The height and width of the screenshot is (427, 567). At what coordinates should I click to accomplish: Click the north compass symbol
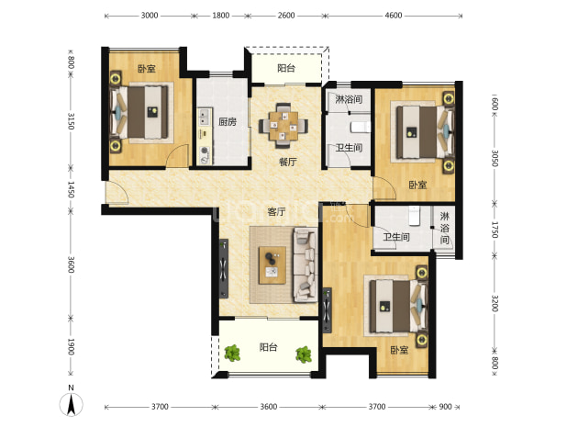(72, 401)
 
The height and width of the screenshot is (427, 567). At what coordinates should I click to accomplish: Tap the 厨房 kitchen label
(228, 122)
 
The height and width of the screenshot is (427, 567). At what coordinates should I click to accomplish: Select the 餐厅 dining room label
(287, 162)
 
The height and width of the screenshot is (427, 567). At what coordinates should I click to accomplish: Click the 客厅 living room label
(277, 212)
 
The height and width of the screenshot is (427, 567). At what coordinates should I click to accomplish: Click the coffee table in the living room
(272, 265)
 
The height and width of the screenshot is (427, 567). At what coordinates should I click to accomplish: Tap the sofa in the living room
(305, 264)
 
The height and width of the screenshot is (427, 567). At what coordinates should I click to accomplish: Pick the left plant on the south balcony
(232, 354)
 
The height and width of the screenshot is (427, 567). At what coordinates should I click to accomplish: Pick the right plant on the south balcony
(304, 354)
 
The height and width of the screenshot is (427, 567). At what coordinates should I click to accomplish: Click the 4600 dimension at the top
(394, 16)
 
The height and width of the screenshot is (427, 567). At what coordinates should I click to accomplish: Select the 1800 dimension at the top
(220, 16)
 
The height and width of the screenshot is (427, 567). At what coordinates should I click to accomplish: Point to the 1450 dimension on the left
(71, 189)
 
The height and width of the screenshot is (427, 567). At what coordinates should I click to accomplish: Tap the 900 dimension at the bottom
(446, 407)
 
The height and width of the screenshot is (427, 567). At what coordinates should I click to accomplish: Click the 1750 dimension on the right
(495, 230)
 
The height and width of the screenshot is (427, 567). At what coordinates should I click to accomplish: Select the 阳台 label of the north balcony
(286, 68)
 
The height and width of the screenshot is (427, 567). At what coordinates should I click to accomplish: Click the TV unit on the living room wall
(224, 268)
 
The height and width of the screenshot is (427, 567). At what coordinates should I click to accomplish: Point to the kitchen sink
(205, 117)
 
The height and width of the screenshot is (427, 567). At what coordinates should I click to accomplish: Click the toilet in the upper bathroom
(361, 127)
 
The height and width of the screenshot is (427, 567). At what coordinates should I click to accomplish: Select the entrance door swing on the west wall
(117, 193)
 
